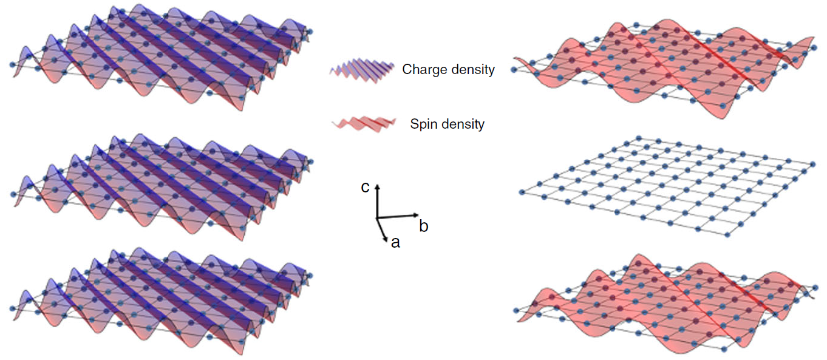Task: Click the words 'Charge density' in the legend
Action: [448, 70]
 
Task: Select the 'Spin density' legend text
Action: [448, 124]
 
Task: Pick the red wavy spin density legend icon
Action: [363, 124]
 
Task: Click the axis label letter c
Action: [365, 188]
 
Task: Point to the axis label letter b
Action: [424, 227]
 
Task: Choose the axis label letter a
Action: [395, 243]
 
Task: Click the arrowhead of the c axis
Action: [377, 185]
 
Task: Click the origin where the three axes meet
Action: [376, 217]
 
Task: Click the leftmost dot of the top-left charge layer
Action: [12, 64]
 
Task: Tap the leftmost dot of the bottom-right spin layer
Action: [517, 310]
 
